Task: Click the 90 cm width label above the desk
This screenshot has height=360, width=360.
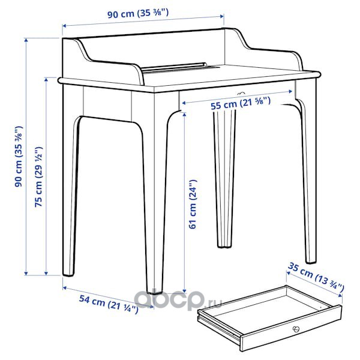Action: [138, 13]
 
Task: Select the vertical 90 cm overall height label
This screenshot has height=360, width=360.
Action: [19, 157]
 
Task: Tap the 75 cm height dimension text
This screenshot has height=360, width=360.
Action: [38, 176]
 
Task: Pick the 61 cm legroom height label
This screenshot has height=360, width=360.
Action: [193, 204]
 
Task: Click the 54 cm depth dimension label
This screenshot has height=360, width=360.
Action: [109, 304]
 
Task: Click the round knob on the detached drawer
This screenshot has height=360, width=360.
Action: [296, 329]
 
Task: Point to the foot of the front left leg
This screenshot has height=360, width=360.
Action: [68, 273]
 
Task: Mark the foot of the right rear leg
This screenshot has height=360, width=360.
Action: [311, 260]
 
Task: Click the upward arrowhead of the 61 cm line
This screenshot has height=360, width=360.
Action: [184, 115]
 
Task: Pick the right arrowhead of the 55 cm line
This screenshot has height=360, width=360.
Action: [290, 92]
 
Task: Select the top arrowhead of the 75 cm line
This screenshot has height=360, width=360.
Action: [46, 80]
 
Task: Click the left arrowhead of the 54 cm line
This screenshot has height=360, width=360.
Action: [65, 287]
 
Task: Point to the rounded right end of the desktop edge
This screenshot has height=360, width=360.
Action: [318, 74]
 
